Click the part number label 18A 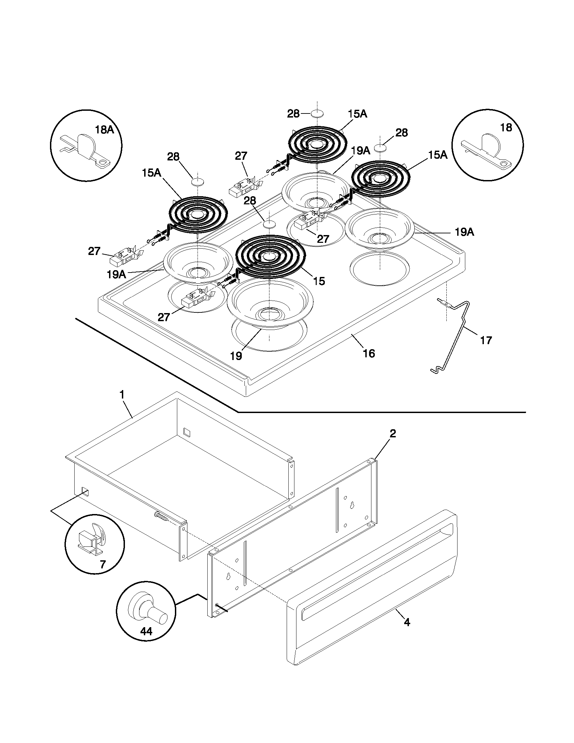click(104, 130)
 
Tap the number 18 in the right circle click(506, 128)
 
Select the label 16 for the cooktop click(369, 354)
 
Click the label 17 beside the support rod click(486, 340)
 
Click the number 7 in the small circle click(102, 564)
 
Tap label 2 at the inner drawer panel click(393, 433)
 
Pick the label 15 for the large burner click(319, 281)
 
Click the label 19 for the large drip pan click(236, 356)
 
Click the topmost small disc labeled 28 click(317, 113)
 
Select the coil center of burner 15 click(269, 255)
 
